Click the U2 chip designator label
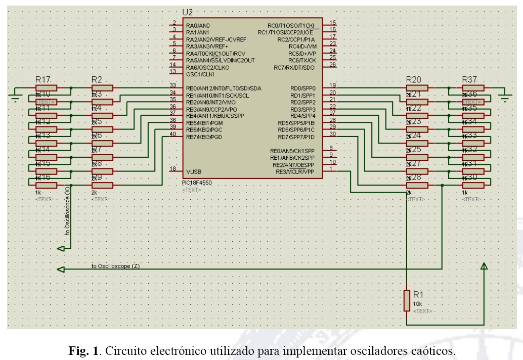tap(187, 12)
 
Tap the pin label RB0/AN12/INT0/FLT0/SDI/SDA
tap(224, 88)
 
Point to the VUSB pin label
tap(194, 171)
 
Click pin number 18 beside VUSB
tap(173, 168)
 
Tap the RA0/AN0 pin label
tap(198, 25)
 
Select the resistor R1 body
tap(407, 300)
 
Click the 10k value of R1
tap(417, 303)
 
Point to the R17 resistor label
tap(43, 80)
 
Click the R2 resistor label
tap(97, 80)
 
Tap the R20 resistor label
tap(414, 80)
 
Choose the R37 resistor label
tap(470, 80)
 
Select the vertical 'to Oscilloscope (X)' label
tap(68, 211)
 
